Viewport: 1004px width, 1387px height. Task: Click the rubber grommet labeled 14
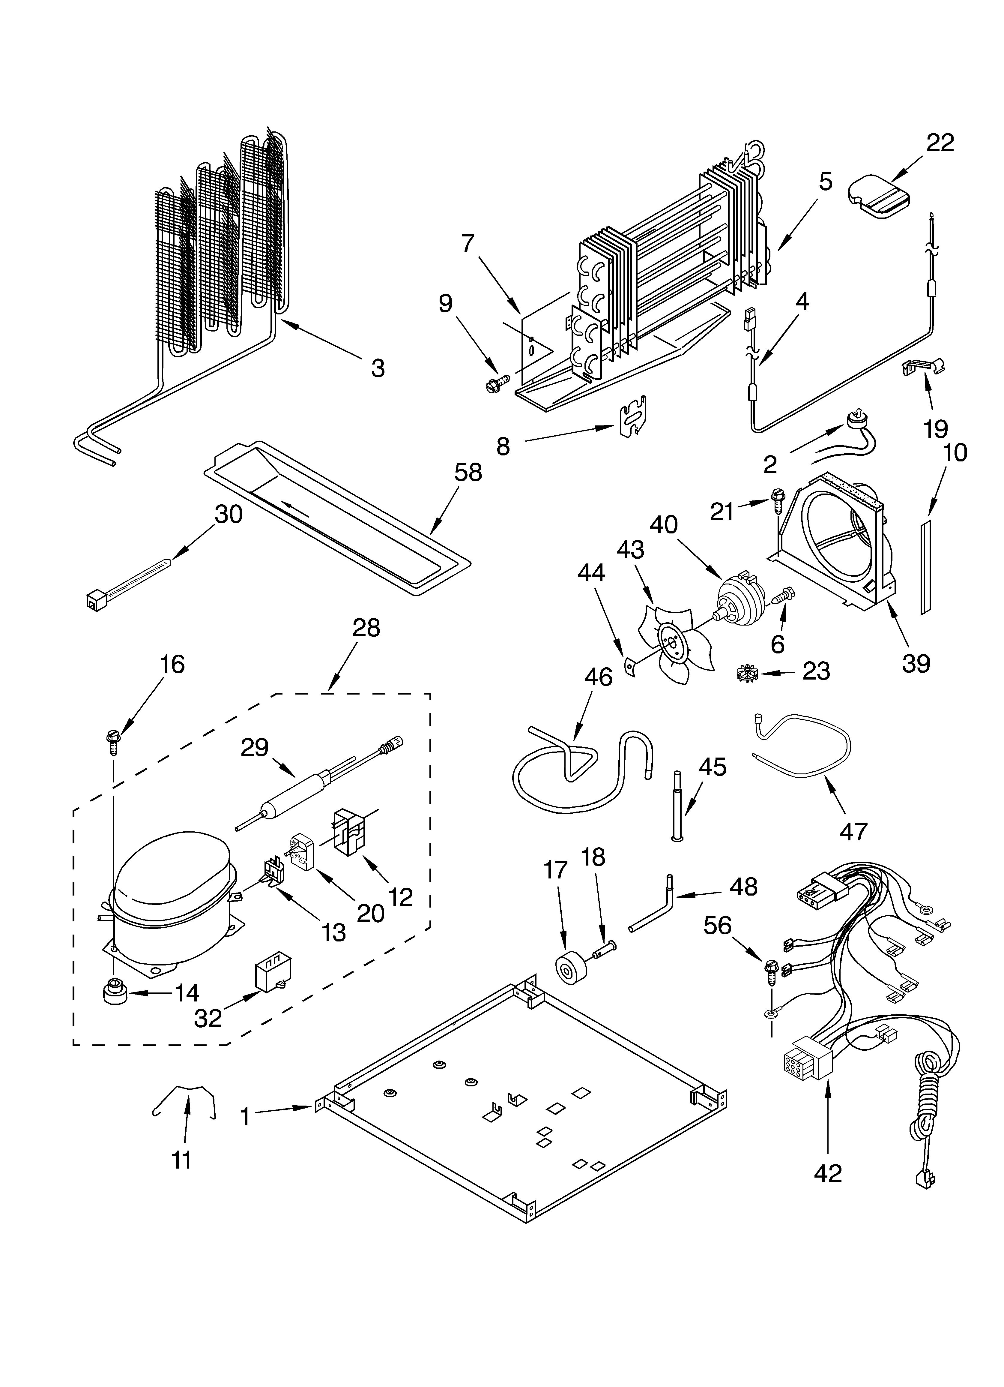[x=114, y=993]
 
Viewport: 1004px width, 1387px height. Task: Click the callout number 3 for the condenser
[x=378, y=368]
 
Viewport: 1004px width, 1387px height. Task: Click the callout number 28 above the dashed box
[x=366, y=627]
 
